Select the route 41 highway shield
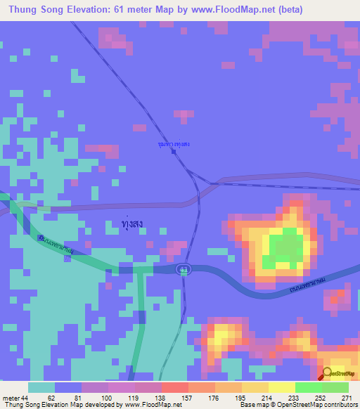[x=184, y=268]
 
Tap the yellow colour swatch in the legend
[x=281, y=387]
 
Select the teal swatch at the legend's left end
[x=41, y=387]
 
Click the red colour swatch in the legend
[x=174, y=387]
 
